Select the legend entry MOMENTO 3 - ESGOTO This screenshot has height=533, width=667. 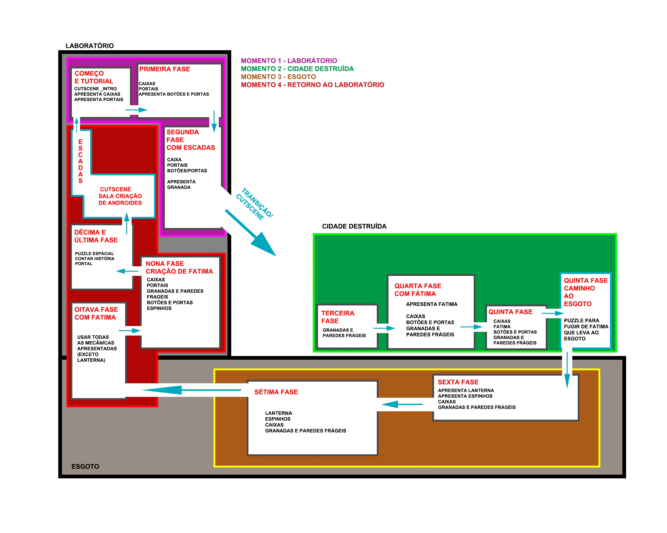coord(278,77)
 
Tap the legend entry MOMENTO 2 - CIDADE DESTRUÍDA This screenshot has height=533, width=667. coord(297,69)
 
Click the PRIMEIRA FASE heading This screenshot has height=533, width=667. coord(164,69)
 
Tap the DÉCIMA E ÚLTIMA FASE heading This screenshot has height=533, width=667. coord(96,236)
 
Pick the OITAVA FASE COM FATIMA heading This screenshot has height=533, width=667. coord(96,313)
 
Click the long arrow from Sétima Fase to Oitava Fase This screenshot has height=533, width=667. coord(192,390)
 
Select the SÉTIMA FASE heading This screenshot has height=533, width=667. coord(276,392)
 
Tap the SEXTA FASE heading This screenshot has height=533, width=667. coord(458,382)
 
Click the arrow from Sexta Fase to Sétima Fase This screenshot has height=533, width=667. coord(402,404)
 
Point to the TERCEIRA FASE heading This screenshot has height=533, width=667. coord(338,317)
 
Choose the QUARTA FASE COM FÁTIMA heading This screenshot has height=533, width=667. coord(417,290)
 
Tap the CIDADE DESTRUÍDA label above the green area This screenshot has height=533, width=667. coord(354,226)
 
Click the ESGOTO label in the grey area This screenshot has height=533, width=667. coord(85,466)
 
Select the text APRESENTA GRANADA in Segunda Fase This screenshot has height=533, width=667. coord(181,185)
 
